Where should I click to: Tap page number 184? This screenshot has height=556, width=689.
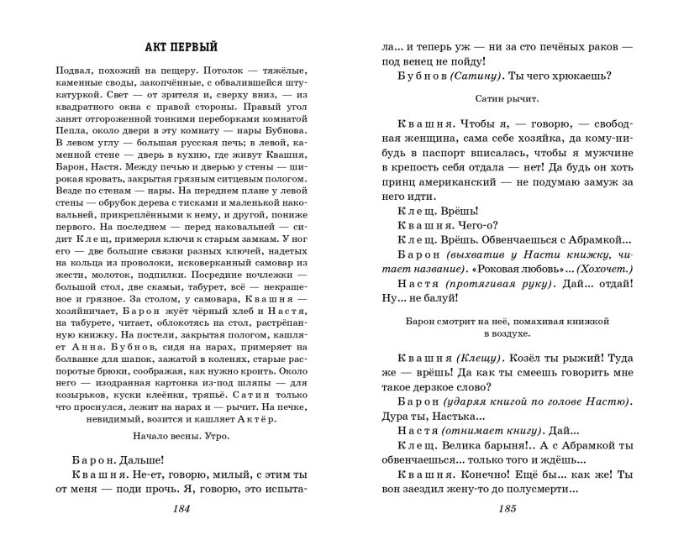tap(182, 510)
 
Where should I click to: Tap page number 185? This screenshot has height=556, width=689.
tap(507, 510)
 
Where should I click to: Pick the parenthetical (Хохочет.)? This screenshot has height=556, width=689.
tap(608, 267)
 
